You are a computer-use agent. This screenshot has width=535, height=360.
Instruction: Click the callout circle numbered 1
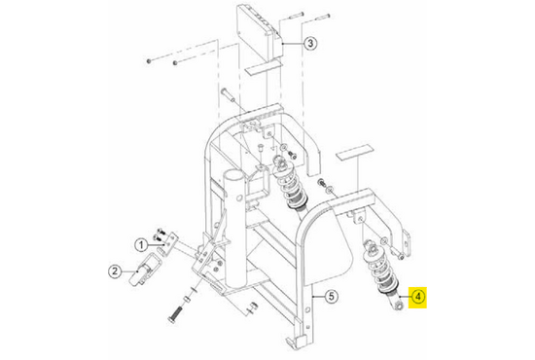141,245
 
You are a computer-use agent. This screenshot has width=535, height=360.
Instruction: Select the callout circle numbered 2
115,271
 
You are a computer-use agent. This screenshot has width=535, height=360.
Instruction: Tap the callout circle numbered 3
310,44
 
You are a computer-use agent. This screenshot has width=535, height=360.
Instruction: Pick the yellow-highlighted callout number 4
417,297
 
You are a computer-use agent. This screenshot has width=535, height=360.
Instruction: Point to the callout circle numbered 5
331,296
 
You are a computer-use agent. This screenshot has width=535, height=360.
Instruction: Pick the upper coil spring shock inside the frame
291,186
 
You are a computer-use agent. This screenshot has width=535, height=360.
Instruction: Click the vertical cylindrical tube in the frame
234,229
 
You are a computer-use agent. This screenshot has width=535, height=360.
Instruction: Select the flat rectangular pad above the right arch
355,153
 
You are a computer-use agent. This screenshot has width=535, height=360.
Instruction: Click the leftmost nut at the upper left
149,61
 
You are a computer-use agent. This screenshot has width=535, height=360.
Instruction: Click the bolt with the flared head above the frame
228,94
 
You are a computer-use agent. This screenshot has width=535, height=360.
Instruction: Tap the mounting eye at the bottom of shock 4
398,306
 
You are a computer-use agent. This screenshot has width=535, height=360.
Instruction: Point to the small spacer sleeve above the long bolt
187,300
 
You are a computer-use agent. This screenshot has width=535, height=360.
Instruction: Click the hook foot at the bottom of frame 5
294,340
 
